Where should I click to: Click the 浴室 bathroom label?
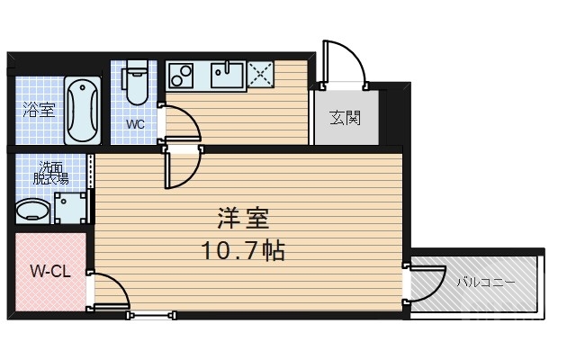click(38, 112)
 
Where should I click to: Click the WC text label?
click(136, 124)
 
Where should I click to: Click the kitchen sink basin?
click(226, 74)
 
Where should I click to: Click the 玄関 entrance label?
click(345, 117)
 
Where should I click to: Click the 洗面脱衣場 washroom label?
click(51, 172)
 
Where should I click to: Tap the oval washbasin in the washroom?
click(33, 211)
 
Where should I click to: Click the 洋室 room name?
click(243, 219)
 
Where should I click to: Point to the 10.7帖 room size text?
click(243, 250)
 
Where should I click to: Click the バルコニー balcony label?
click(485, 282)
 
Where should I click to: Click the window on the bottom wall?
click(151, 314)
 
